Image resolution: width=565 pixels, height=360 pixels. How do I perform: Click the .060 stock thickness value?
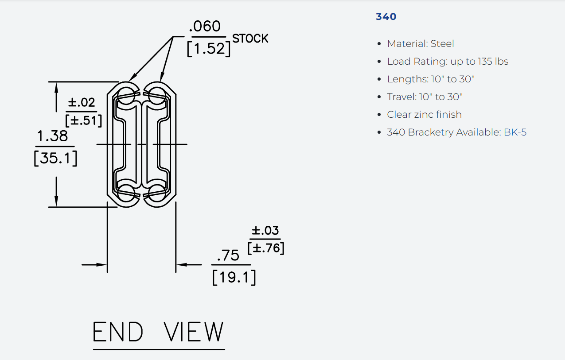coord(205,27)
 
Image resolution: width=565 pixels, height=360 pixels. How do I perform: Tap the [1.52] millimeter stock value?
coord(209,49)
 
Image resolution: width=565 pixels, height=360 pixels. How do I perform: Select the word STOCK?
coord(250,39)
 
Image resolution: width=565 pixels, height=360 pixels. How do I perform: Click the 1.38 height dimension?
coord(52,136)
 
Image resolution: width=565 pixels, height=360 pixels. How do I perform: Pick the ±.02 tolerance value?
coord(82,102)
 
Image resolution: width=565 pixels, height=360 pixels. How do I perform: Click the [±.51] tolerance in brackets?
coord(83,120)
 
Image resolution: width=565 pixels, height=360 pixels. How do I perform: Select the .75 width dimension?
coord(228,255)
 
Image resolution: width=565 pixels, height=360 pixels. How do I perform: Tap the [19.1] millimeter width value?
coord(234,278)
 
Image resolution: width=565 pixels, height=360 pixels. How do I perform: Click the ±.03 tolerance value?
coord(265,230)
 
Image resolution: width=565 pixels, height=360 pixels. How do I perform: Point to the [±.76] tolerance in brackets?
coord(266,248)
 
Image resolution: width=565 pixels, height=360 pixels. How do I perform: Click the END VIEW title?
coord(158,332)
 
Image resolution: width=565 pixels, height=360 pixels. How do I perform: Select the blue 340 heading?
coord(386,17)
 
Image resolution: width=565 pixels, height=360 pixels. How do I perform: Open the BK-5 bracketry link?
coord(515,132)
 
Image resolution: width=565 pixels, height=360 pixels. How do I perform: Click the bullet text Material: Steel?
coord(421,43)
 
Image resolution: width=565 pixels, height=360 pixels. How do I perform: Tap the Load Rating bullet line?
coord(448,61)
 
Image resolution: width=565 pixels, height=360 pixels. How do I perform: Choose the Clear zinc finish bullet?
coord(424,114)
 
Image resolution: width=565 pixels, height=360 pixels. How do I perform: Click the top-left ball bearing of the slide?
coord(126,95)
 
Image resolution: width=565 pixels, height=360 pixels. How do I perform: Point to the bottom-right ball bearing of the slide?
coord(157,194)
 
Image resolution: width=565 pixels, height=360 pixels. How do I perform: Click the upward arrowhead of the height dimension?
coord(56,88)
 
